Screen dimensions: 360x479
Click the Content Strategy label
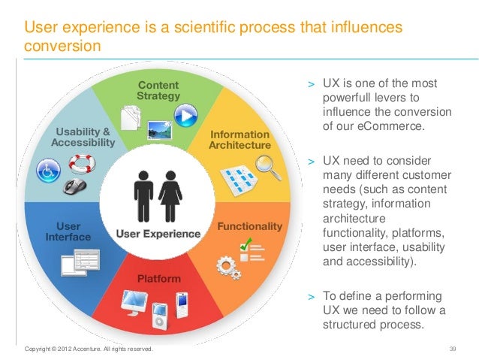(158, 90)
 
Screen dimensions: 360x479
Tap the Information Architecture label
(239, 139)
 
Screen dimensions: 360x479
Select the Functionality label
(249, 226)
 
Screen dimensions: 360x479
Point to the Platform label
(158, 279)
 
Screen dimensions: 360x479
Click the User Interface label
(68, 231)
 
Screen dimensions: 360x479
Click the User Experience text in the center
(158, 234)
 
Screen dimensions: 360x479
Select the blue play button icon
(184, 113)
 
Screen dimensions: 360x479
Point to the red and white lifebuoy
(79, 162)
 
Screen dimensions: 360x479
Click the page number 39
(452, 349)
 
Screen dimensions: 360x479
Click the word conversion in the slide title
(62, 46)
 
